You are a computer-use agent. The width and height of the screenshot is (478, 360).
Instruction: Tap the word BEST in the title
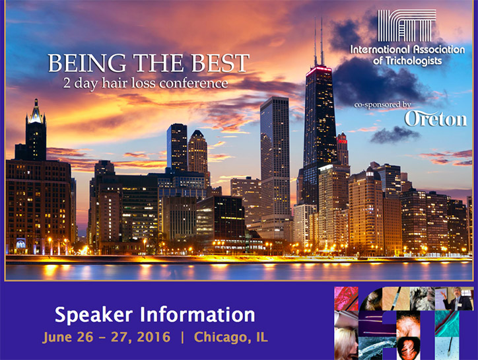(x=221, y=63)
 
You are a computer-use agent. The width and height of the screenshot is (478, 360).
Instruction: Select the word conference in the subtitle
(x=193, y=83)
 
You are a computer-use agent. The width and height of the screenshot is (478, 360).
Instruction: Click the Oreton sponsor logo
(x=436, y=119)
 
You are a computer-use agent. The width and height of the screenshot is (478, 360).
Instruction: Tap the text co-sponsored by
(x=382, y=104)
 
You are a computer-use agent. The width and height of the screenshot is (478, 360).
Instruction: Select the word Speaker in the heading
(x=94, y=315)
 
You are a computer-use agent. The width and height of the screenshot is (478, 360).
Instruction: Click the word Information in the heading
(x=197, y=314)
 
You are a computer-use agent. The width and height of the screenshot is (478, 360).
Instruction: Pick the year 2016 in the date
(x=153, y=337)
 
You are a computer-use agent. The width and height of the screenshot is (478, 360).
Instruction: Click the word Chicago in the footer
(x=222, y=338)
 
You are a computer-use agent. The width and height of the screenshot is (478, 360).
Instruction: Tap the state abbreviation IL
(x=262, y=337)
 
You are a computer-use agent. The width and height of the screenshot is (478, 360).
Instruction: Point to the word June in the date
(x=57, y=338)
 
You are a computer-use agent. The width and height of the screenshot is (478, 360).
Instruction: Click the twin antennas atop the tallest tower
(x=318, y=41)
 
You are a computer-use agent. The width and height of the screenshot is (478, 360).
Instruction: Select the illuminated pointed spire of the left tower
(x=36, y=111)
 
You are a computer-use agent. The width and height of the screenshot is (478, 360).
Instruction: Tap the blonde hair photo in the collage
(x=346, y=343)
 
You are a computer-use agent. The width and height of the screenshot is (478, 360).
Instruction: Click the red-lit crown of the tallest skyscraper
(x=319, y=71)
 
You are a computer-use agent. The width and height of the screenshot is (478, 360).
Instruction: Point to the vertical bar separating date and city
(x=183, y=338)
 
